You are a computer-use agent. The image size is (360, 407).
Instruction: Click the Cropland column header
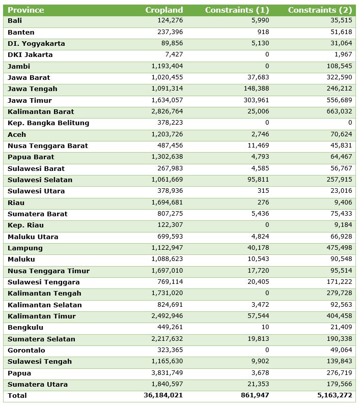pos(164,10)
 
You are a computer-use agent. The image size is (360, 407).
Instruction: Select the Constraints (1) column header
pos(237,10)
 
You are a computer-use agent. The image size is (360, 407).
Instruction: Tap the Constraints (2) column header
pos(319,10)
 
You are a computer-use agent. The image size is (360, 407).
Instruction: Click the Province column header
pos(26,10)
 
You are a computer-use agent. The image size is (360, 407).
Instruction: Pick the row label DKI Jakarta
pos(30,55)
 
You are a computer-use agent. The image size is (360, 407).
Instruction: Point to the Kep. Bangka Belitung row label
pos(48,123)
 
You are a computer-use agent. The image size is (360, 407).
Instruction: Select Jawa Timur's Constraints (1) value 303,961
pos(254,100)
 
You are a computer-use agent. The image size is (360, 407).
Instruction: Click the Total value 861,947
pos(253,395)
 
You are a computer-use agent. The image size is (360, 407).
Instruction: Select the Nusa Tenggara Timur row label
pos(48,271)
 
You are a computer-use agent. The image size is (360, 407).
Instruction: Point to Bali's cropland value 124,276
pos(170,20)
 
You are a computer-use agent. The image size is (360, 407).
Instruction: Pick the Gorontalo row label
pos(26,351)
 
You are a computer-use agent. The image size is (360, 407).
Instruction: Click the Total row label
pos(17,395)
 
